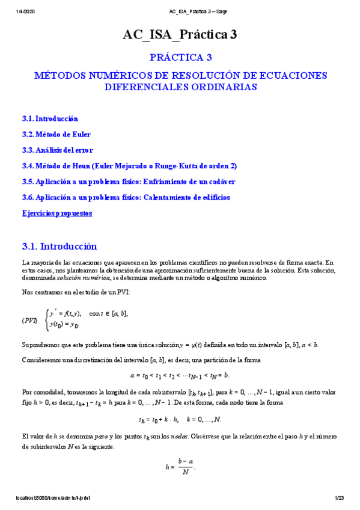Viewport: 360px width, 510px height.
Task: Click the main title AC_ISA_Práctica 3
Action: pos(180,35)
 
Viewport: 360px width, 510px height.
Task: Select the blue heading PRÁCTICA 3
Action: pos(180,58)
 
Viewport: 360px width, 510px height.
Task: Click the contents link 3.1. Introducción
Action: pos(50,119)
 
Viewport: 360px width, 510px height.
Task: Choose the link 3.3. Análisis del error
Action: pos(57,150)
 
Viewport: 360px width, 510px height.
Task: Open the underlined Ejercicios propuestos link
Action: pos(57,213)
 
